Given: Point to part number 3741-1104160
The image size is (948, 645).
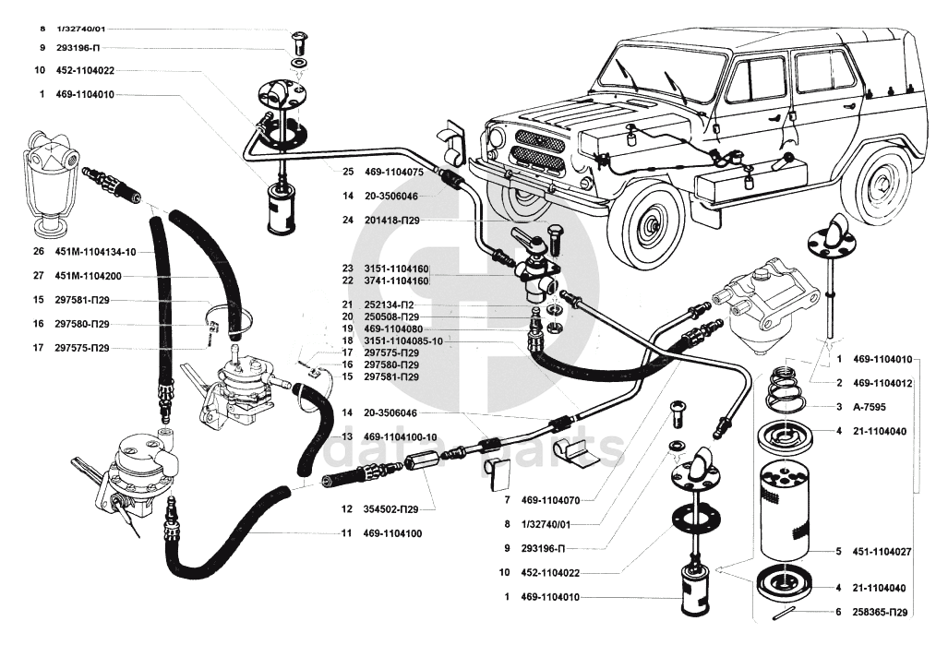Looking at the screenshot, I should point(398,281).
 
